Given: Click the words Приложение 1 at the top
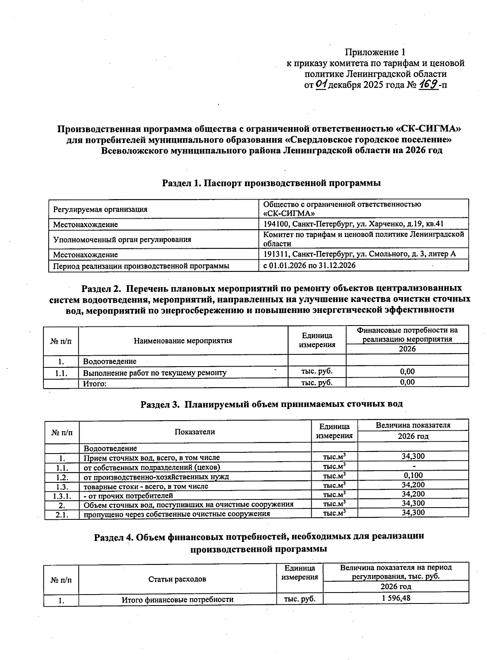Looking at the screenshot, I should tap(375, 52).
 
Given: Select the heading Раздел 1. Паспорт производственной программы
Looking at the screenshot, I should tap(271, 183).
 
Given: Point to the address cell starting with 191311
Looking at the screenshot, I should tap(359, 254).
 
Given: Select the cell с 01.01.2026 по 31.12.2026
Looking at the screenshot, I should tap(309, 265).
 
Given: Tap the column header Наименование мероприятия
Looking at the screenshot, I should tap(183, 341).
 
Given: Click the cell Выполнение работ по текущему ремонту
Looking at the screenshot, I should tap(155, 373).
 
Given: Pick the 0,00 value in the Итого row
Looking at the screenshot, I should tap(407, 382).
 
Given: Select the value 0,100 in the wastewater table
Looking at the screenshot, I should tap(413, 475).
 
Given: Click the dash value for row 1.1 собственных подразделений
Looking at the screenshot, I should tap(413, 466).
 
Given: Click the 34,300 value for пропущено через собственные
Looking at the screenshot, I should tap(413, 513).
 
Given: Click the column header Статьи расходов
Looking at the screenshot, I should tap(177, 579).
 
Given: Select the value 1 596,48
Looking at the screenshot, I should tap(396, 598).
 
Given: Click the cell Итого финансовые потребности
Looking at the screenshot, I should tap(177, 599).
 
